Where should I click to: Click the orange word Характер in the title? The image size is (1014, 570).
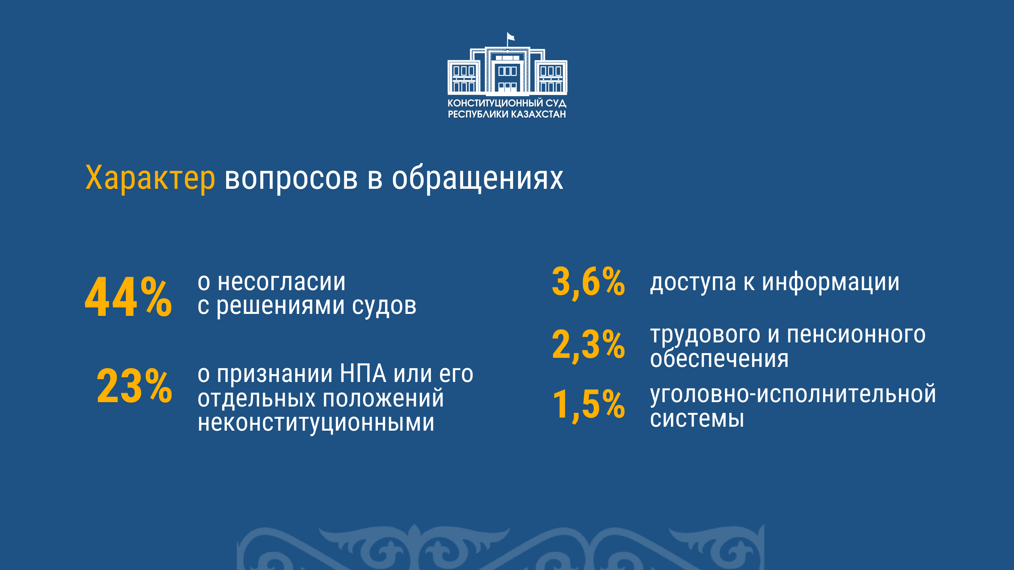point(150,178)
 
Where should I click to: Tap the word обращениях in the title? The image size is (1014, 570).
point(477,178)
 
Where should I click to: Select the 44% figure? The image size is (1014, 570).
point(128,296)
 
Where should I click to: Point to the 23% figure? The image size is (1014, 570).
point(134,386)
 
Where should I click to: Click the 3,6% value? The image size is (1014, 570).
point(588,282)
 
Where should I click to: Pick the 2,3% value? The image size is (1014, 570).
point(588,345)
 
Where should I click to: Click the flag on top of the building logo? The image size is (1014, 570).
point(511,37)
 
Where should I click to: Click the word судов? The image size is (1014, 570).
point(384,306)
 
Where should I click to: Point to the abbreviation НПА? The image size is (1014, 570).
point(363,373)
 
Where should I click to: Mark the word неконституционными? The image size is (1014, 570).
point(316,422)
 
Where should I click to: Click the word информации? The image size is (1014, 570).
point(831,282)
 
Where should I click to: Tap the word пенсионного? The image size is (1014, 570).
point(856,334)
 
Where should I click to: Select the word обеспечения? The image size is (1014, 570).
point(719,359)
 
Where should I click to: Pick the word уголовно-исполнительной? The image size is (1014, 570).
point(793,395)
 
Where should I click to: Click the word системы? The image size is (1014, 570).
point(697,419)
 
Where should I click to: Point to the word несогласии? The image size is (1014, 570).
point(282,282)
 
